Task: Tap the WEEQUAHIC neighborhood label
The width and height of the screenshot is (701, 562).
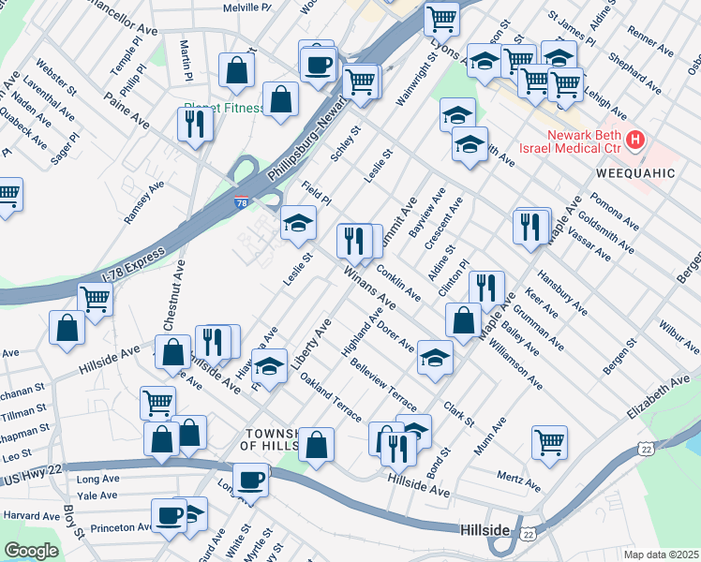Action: click(x=634, y=174)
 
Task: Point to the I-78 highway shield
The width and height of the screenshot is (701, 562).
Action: click(x=242, y=202)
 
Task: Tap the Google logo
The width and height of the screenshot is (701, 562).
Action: click(x=31, y=551)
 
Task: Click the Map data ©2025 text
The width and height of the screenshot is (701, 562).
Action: click(x=662, y=555)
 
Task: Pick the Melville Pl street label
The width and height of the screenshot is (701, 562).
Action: click(x=246, y=7)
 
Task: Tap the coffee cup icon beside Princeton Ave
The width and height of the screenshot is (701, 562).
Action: click(x=170, y=515)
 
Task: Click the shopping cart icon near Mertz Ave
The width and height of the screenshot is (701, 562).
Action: click(x=549, y=440)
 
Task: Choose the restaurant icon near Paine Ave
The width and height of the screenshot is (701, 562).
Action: click(x=194, y=123)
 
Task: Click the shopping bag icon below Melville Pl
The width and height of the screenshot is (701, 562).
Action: click(x=237, y=68)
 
